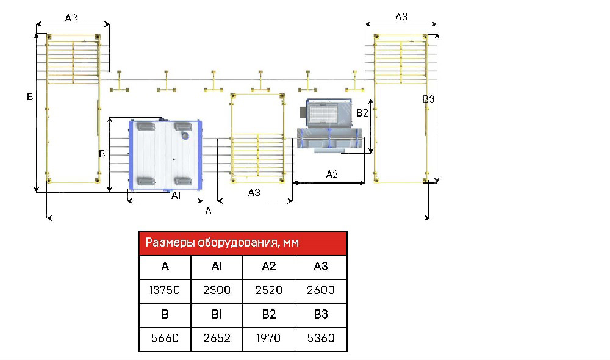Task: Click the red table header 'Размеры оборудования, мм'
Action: click(243, 243)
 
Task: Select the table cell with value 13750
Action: click(165, 290)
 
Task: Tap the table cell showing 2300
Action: click(217, 290)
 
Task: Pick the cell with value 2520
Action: click(268, 290)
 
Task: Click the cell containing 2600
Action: click(321, 290)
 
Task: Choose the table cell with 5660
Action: click(165, 337)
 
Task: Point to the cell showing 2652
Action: click(217, 337)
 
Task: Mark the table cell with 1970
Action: click(268, 337)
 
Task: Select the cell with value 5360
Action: click(321, 337)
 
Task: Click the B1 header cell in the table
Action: click(217, 314)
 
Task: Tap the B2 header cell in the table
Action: click(268, 314)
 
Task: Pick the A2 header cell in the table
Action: click(268, 267)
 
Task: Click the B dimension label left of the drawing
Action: click(29, 96)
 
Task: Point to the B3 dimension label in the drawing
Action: click(429, 99)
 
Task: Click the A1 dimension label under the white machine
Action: click(175, 195)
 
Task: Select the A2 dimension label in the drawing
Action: click(332, 174)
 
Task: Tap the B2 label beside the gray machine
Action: click(362, 113)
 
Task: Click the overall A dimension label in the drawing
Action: click(209, 211)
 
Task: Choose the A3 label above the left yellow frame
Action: click(71, 18)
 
